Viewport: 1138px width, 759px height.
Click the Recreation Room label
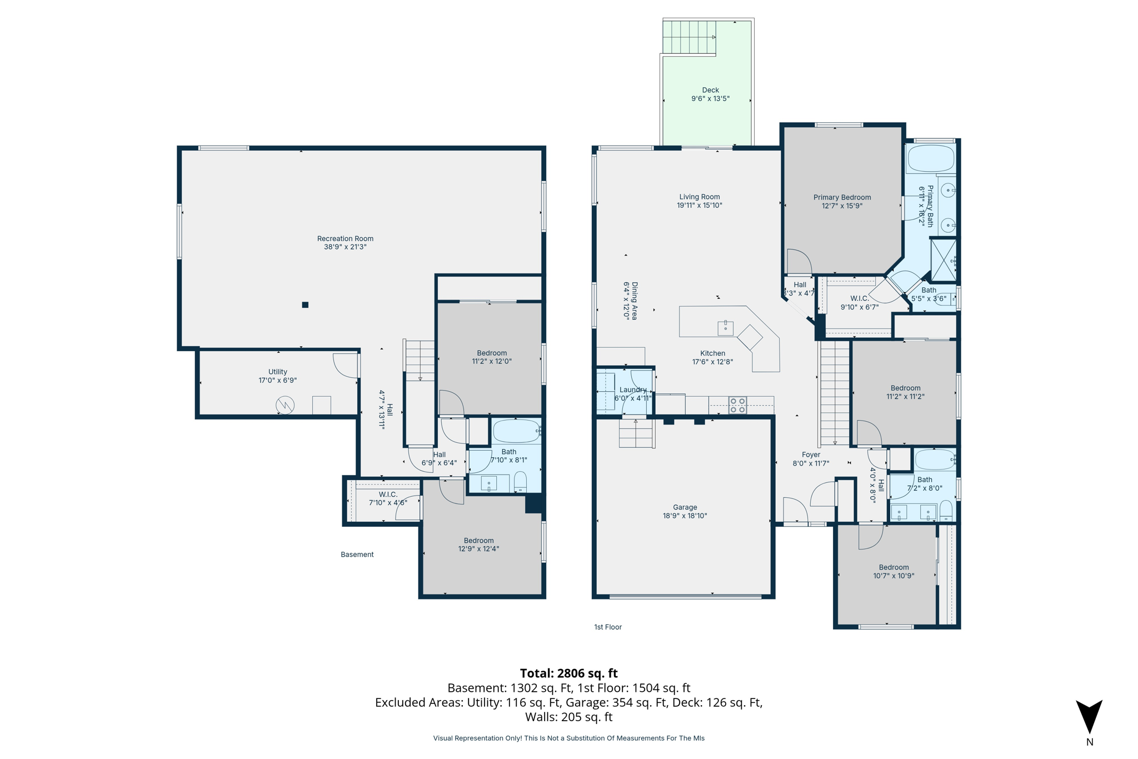tap(345, 239)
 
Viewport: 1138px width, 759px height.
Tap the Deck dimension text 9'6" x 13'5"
tap(710, 99)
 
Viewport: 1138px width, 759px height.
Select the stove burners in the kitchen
tap(737, 405)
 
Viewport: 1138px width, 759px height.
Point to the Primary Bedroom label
tap(842, 197)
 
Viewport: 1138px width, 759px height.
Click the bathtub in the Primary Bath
tap(931, 158)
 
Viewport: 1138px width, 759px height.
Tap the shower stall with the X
tap(944, 259)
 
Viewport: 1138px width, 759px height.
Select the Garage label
tap(685, 507)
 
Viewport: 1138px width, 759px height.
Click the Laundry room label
tap(633, 390)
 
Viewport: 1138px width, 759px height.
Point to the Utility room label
tap(278, 372)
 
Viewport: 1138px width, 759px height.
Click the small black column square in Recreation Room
tap(305, 305)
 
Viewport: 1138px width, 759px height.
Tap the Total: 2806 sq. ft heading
tap(568, 673)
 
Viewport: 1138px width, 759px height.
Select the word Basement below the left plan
tap(357, 555)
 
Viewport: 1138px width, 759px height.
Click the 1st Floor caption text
tap(608, 627)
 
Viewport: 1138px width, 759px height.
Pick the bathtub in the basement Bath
tap(516, 431)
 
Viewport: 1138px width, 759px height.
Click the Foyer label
tap(811, 455)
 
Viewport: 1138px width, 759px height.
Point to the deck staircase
tap(689, 37)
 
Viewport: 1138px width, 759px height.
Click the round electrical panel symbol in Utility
tap(285, 405)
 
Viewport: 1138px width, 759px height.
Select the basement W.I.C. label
tap(388, 495)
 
